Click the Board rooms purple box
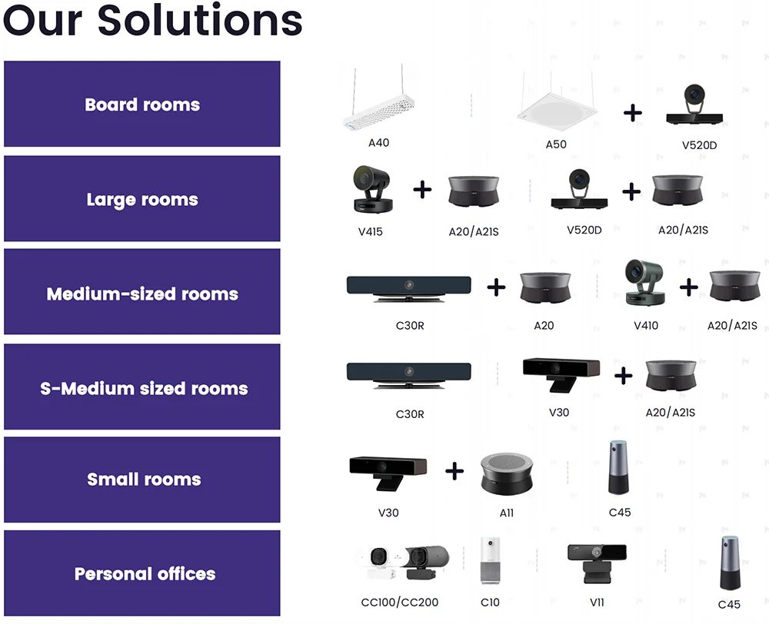point(142,105)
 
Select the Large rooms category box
point(142,199)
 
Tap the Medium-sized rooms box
point(142,294)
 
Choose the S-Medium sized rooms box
point(142,387)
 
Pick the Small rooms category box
point(142,480)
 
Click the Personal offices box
point(142,573)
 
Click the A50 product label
point(556,144)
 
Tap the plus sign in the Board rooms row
point(632,113)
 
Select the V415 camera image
point(372,191)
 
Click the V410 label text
point(646,325)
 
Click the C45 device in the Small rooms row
point(619,468)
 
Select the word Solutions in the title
point(200,21)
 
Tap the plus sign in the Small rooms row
point(454,470)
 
